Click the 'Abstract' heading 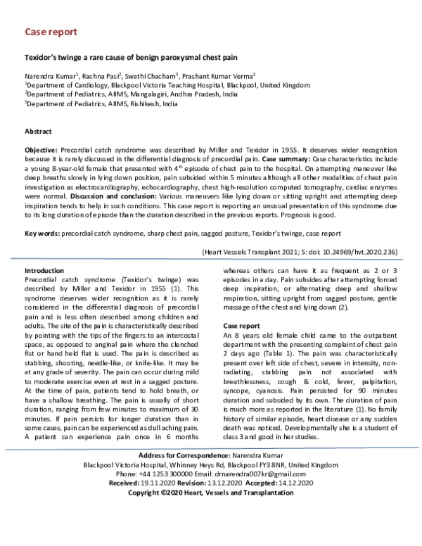[38, 132]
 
